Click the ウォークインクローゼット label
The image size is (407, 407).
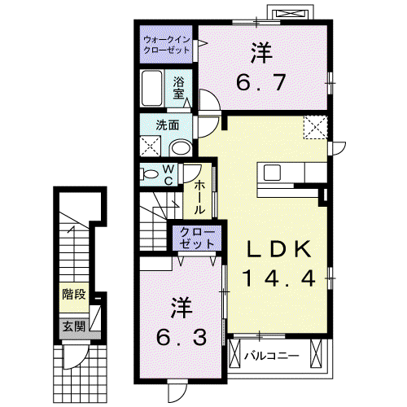tap(167, 45)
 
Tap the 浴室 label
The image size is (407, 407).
tap(178, 88)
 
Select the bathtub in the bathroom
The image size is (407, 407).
tap(152, 88)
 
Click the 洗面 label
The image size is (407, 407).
tap(168, 125)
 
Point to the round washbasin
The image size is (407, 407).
tap(181, 148)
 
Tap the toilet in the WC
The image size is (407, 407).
tap(149, 174)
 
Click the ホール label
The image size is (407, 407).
tap(199, 198)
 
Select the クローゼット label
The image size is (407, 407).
tap(197, 239)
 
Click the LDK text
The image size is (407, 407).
tap(278, 249)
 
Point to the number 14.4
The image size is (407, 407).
tap(279, 278)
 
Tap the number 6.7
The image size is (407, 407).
tap(261, 82)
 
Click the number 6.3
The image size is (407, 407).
tap(182, 338)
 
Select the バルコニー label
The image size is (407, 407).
tap(272, 356)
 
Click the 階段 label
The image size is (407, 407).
tap(74, 295)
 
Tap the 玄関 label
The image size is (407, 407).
tap(74, 326)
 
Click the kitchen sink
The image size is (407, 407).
tap(272, 173)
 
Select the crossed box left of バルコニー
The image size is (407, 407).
tap(235, 353)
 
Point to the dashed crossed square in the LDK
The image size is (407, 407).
tap(316, 128)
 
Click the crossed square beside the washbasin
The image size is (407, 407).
tap(151, 147)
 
